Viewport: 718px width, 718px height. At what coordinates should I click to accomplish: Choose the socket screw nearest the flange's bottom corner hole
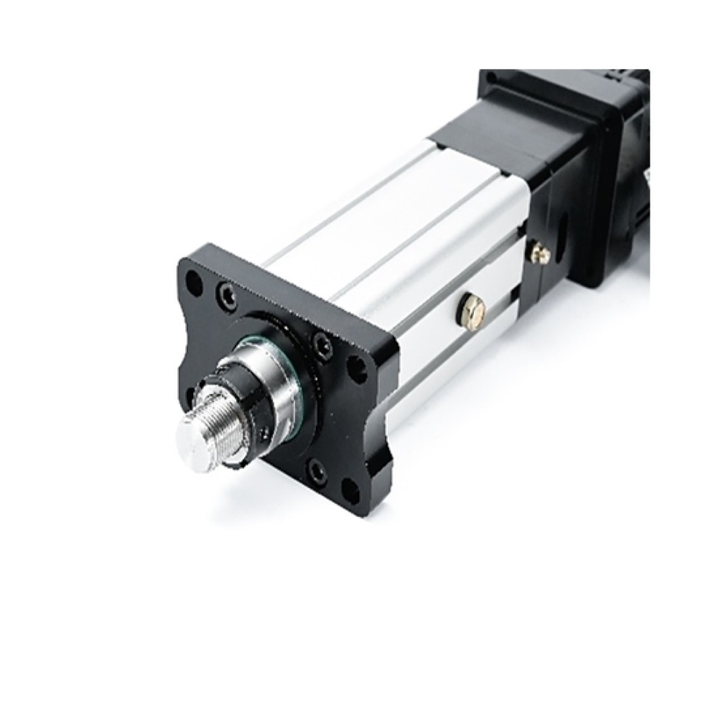[317, 470]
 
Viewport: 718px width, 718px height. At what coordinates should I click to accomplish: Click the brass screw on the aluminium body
[473, 309]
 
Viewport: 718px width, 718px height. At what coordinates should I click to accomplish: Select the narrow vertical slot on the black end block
[561, 238]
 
